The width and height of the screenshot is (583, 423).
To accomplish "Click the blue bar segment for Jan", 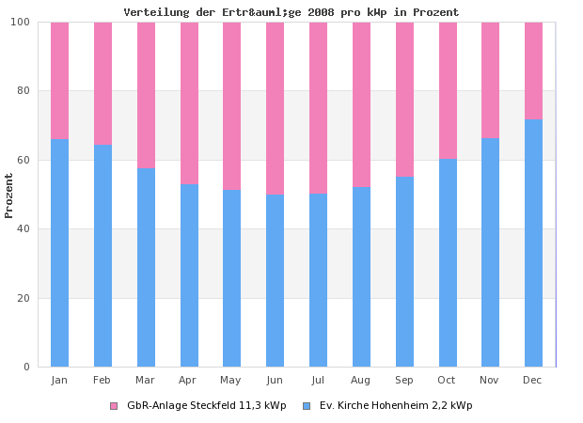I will click(59, 252).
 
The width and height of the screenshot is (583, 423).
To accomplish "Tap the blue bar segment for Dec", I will click(533, 243).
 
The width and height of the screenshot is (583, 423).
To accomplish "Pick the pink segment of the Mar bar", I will click(146, 95).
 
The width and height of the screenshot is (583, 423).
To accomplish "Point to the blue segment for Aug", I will click(361, 276).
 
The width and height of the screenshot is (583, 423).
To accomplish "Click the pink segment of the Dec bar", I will click(533, 70).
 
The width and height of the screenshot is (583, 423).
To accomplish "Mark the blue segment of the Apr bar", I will click(189, 274).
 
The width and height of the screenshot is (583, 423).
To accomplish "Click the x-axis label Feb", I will click(102, 380).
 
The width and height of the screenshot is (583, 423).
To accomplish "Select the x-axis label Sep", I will click(404, 380).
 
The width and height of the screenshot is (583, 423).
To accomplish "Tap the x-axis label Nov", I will click(490, 380).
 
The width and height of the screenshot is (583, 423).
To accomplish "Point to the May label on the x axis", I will click(231, 380).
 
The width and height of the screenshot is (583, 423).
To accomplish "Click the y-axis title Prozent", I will click(9, 195).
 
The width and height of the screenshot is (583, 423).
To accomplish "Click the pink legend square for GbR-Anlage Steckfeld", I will click(114, 406).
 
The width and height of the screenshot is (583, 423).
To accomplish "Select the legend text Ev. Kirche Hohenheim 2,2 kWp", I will click(396, 406).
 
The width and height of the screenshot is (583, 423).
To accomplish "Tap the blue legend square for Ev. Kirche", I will click(307, 406).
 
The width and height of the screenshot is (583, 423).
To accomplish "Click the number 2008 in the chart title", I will click(335, 13).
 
